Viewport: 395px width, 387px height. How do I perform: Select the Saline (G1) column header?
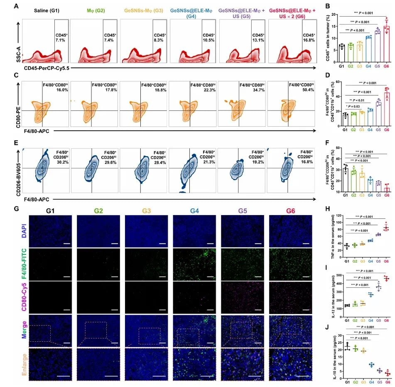click(x=43, y=9)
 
